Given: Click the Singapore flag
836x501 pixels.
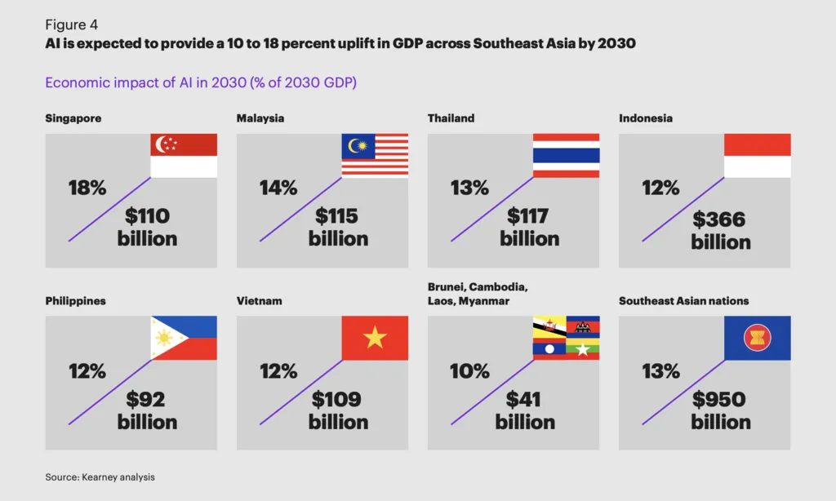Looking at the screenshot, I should point(185,156).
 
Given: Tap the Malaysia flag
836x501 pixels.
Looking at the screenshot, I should point(375,156).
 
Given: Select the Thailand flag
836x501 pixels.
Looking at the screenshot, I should point(566,156).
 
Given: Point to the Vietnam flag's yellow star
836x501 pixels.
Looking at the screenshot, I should point(375,338).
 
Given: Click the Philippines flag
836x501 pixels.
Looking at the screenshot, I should point(185,338).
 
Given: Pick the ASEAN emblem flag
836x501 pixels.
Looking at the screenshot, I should point(757,338).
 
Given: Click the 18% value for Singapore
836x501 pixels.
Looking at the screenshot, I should point(87,188).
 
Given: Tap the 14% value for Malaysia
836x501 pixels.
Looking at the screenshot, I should point(278,188).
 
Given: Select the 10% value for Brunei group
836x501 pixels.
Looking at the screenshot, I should point(469,371).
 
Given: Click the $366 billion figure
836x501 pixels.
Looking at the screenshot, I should point(720,230).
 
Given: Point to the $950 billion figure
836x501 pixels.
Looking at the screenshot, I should point(720,410).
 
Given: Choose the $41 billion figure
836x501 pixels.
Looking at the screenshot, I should point(525,410).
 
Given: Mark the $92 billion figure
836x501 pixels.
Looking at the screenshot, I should point(147,410).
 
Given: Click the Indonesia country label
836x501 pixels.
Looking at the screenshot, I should point(646,118).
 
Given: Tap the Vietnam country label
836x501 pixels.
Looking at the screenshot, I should point(260,301).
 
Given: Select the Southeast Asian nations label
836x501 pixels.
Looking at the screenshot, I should point(683,301).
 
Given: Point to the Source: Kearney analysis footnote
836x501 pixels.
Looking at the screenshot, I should point(100,477).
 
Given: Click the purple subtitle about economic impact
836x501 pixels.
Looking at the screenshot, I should point(201,82).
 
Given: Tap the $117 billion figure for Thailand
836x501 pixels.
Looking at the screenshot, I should point(530,228).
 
